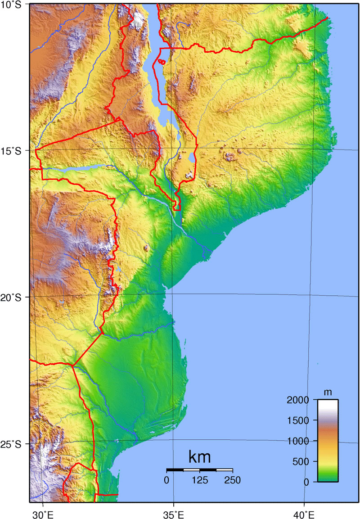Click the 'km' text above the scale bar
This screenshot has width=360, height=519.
(x=199, y=457)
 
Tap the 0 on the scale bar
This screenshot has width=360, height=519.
(x=167, y=480)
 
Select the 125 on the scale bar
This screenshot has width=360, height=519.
(x=200, y=480)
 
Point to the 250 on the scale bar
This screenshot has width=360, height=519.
(x=232, y=480)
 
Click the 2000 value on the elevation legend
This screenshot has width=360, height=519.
(x=297, y=400)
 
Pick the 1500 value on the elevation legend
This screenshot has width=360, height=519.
(x=297, y=420)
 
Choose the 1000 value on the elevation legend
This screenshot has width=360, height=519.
(x=297, y=441)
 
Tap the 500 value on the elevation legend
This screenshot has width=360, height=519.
(x=300, y=461)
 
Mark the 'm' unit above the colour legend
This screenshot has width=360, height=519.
(x=328, y=392)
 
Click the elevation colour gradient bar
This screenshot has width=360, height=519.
(x=328, y=441)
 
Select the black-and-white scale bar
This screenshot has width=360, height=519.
(x=199, y=470)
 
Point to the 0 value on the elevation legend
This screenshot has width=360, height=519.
(x=306, y=482)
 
